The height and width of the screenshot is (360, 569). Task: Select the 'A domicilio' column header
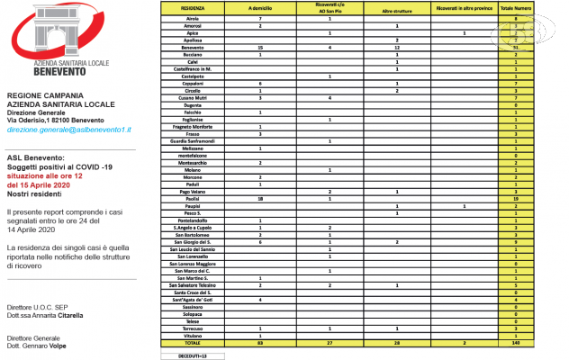260,7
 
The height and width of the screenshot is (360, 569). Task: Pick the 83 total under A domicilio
260,343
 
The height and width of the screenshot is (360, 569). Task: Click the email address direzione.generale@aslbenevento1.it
69,130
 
